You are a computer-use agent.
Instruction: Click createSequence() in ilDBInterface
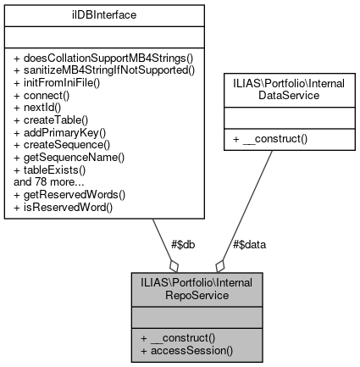pyautogui.click(x=58, y=145)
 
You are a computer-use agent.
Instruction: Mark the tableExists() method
pyautogui.click(x=48, y=169)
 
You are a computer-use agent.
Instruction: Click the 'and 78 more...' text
pyautogui.click(x=44, y=181)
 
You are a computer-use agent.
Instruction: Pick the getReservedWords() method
pyautogui.click(x=66, y=192)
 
